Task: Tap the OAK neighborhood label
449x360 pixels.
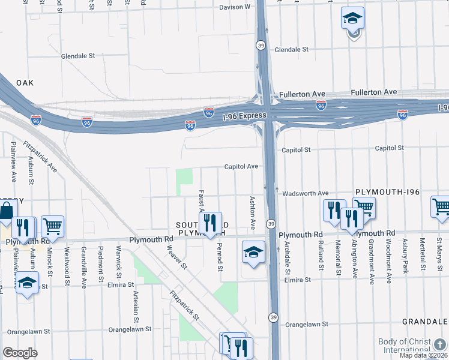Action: pos(25,82)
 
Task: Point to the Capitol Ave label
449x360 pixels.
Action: pos(241,166)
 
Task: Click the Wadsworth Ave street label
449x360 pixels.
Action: pos(306,193)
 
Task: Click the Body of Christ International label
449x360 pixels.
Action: pos(405,346)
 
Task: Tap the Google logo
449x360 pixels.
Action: pos(20,353)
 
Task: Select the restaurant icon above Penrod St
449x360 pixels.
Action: pos(209,223)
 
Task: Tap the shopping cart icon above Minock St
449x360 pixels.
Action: pos(52,226)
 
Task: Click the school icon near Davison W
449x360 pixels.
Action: pos(352,19)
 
